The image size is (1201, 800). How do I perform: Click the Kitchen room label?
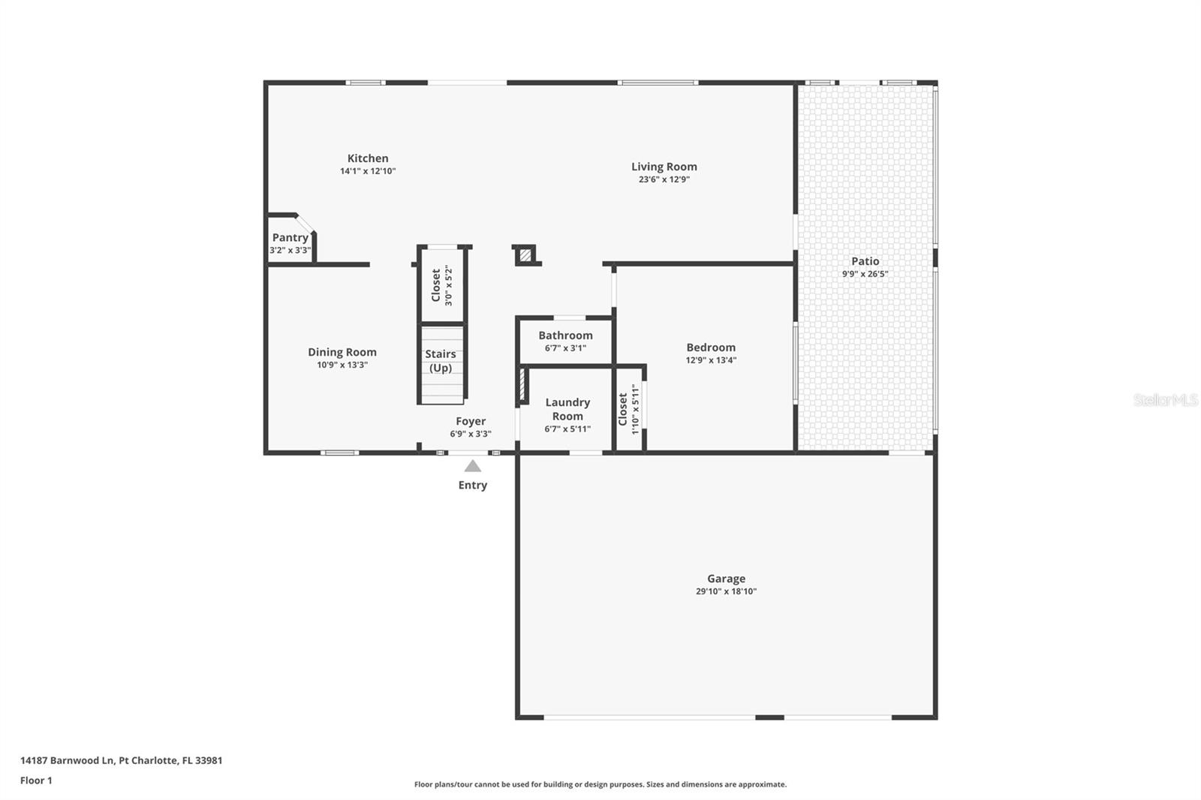click(x=368, y=158)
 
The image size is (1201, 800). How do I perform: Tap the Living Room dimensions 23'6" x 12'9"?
click(x=664, y=180)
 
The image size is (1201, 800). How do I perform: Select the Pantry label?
click(x=290, y=237)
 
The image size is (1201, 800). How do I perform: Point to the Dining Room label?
click(x=342, y=352)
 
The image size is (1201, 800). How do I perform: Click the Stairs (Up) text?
click(x=441, y=361)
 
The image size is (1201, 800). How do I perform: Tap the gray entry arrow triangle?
click(x=472, y=466)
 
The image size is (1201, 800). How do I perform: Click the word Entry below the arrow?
click(x=473, y=486)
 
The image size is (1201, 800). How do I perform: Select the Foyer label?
click(x=471, y=421)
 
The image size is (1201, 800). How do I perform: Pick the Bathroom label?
click(x=565, y=335)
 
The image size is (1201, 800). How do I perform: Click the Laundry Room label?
click(x=567, y=409)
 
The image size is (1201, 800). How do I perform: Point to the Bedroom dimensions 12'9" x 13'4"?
click(x=711, y=360)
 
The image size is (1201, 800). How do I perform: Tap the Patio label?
click(x=865, y=261)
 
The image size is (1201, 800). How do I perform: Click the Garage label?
click(x=726, y=579)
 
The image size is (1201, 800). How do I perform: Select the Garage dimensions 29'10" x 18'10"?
click(x=726, y=591)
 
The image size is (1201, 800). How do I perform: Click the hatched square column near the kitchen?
click(x=525, y=256)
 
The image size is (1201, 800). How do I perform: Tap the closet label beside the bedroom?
click(x=623, y=410)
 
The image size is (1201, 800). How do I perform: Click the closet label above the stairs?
click(x=436, y=286)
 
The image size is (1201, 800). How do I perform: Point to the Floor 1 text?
click(x=36, y=780)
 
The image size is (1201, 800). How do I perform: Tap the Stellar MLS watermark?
click(x=1165, y=401)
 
